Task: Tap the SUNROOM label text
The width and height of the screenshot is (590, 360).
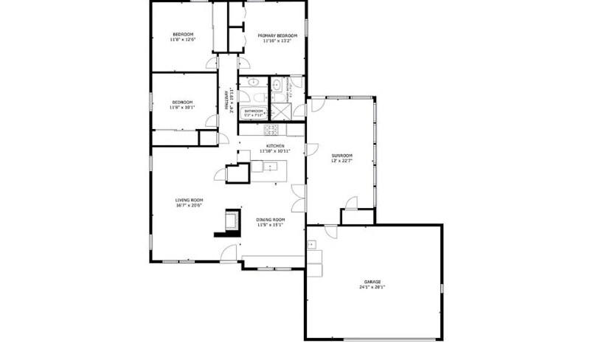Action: pos(341,156)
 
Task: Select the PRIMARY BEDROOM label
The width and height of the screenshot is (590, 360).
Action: pos(277,35)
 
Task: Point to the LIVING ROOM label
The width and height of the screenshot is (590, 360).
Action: pos(189,200)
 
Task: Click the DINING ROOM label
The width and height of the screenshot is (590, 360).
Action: pos(271,220)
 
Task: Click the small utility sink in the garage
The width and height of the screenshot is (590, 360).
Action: pos(314,260)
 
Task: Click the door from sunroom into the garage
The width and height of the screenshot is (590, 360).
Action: pos(329,231)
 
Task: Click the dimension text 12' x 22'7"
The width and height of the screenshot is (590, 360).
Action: pos(341,162)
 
